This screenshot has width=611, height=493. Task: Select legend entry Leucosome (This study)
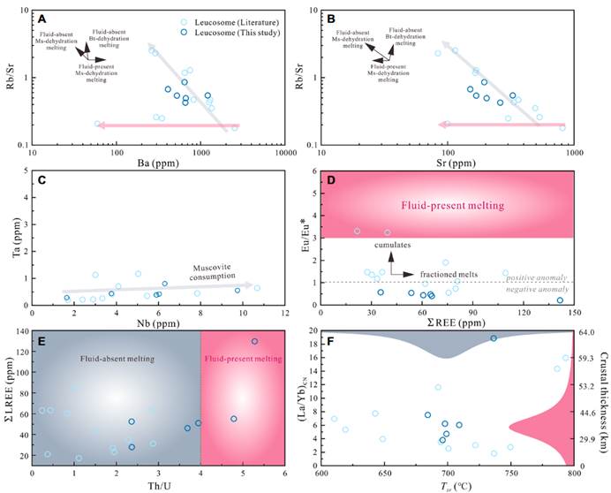pyautogui.click(x=233, y=32)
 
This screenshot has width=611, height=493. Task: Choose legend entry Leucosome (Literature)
pyautogui.click(x=233, y=19)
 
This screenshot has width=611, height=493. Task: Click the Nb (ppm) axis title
pyautogui.click(x=159, y=323)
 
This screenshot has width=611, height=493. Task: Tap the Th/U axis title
pyautogui.click(x=159, y=484)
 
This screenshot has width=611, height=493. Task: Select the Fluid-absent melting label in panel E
pyautogui.click(x=115, y=359)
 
